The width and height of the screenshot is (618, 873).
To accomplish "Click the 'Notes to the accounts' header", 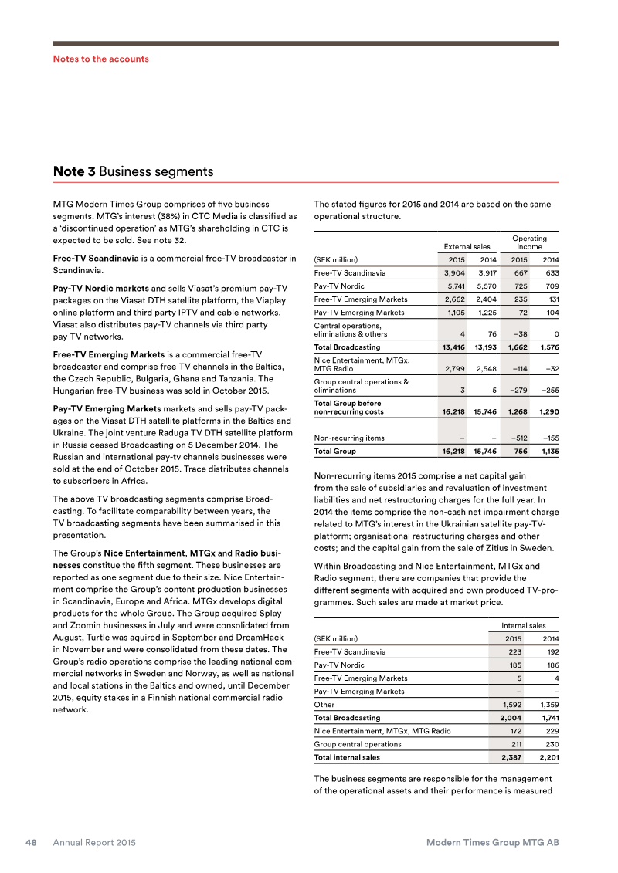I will point(100,59).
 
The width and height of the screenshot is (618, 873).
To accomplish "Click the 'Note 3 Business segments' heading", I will point(133,171).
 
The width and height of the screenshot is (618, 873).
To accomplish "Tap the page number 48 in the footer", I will point(32,843).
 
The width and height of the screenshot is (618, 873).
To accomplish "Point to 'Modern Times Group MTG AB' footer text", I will point(493,843).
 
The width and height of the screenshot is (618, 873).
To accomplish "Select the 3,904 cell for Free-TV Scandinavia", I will point(453,272).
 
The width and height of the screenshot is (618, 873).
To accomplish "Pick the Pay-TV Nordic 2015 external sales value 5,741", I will point(453,286).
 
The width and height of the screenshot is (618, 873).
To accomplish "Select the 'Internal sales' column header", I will point(524,625).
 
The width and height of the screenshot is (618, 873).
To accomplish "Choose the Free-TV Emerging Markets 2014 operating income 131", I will point(549,299).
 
